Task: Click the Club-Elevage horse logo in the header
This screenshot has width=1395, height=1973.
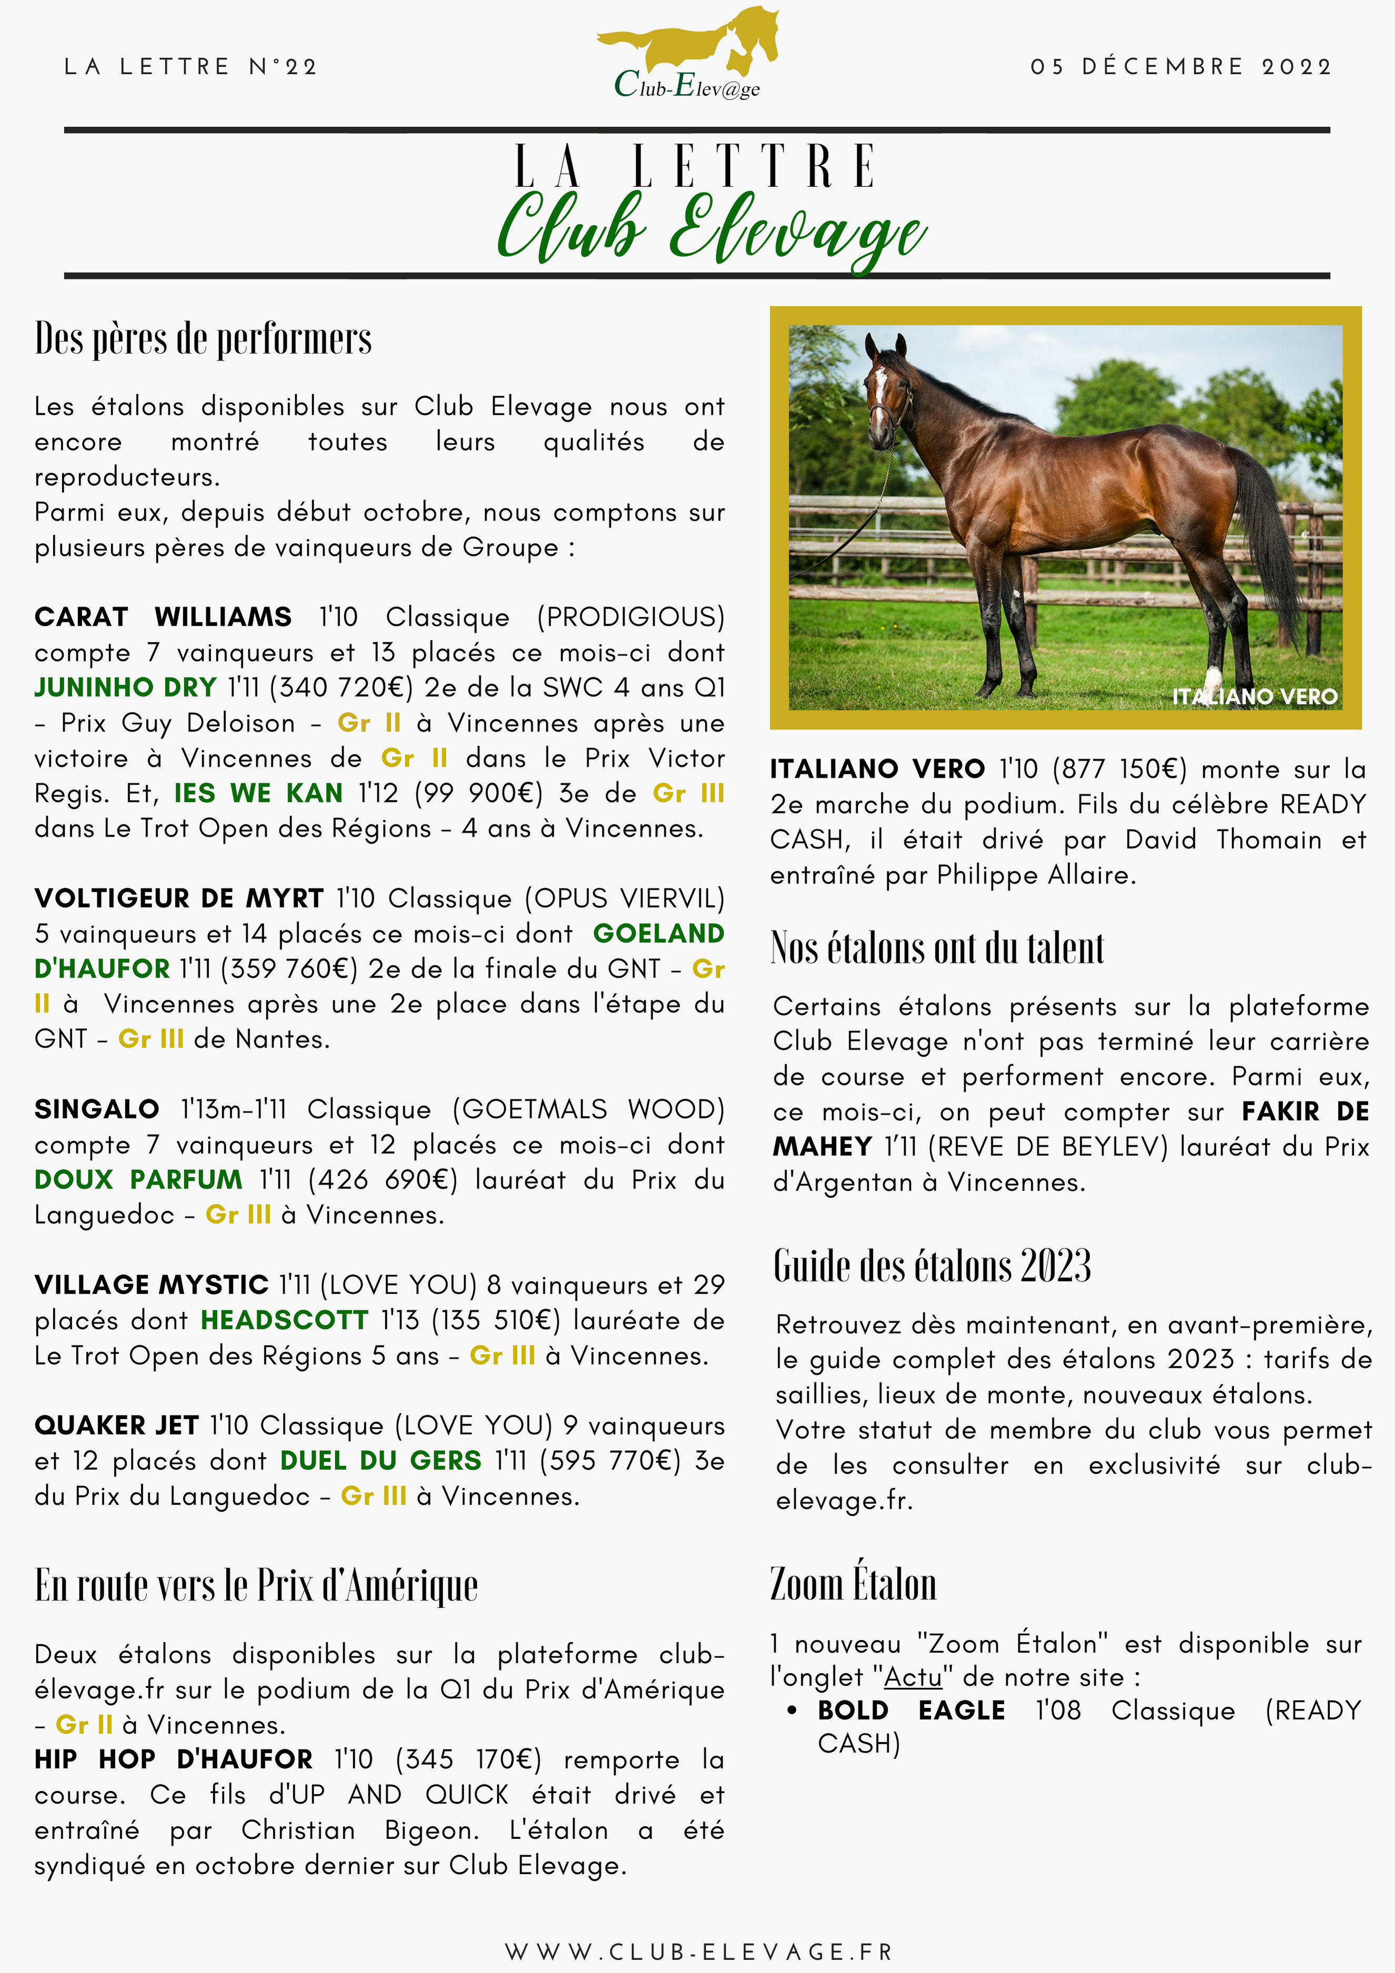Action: click(x=688, y=53)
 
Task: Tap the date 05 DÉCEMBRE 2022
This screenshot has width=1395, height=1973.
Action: click(x=1181, y=67)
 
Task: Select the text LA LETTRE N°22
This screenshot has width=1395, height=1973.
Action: click(x=191, y=67)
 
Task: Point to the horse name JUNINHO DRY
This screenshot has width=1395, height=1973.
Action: click(x=125, y=688)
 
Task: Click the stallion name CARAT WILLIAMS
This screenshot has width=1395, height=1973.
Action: click(x=163, y=617)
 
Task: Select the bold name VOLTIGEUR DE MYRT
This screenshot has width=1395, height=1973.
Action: click(x=179, y=898)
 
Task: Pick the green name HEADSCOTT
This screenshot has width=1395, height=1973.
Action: click(x=285, y=1320)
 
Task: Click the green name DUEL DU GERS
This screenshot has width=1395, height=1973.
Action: click(x=381, y=1461)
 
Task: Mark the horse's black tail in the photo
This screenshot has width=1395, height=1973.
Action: click(x=1270, y=533)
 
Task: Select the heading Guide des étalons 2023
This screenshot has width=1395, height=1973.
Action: click(x=932, y=1266)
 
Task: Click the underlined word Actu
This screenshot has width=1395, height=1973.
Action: click(x=913, y=1677)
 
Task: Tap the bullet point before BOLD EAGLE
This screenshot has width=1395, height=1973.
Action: click(x=791, y=1711)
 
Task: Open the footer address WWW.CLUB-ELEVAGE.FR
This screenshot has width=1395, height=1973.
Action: click(x=698, y=1952)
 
